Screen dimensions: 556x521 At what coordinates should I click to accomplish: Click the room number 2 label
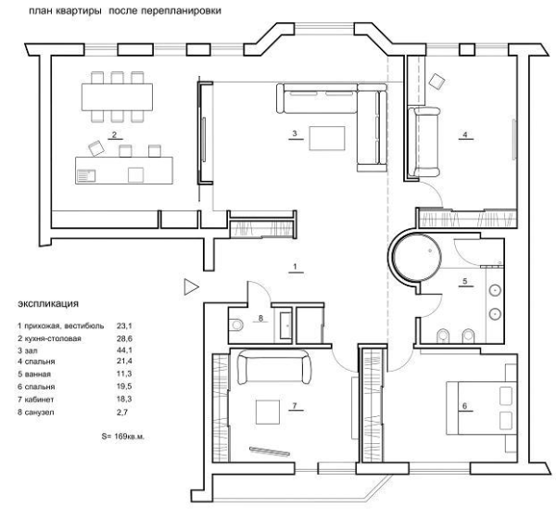click(x=114, y=134)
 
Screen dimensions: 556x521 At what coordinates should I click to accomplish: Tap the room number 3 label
click(x=295, y=133)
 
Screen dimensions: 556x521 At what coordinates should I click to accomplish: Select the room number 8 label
click(x=261, y=318)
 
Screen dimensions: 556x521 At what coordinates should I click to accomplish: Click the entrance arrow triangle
click(x=191, y=287)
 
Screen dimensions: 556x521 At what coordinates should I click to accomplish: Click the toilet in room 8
click(x=235, y=324)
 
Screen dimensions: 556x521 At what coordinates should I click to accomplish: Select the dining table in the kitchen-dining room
click(x=117, y=97)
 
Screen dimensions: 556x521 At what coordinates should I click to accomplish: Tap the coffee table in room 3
click(x=327, y=138)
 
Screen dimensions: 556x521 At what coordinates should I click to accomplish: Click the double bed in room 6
click(x=481, y=408)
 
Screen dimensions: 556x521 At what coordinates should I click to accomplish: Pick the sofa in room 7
click(x=274, y=367)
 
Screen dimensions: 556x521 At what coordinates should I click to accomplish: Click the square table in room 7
click(x=268, y=413)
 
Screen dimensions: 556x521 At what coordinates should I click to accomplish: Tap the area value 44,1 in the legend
click(x=124, y=350)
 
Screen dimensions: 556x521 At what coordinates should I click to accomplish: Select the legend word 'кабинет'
click(x=39, y=400)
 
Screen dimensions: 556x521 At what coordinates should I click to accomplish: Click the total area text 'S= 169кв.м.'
click(x=123, y=437)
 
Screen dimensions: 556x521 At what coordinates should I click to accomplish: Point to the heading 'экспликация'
click(x=48, y=304)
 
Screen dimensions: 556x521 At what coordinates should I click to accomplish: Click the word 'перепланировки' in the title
click(x=182, y=11)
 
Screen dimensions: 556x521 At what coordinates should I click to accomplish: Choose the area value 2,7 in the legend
click(x=122, y=413)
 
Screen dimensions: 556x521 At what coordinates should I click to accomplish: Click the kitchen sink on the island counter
click(x=86, y=175)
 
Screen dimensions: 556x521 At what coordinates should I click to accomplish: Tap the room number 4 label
click(x=465, y=134)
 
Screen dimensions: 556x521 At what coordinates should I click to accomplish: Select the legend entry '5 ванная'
click(x=34, y=375)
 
